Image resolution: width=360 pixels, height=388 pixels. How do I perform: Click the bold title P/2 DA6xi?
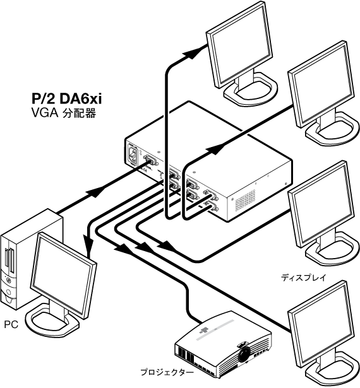(x=67, y=98)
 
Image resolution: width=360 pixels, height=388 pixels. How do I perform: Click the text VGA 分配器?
(x=64, y=114)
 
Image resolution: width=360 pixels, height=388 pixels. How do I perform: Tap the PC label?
(x=11, y=324)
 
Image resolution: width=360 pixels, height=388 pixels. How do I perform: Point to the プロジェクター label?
(x=167, y=372)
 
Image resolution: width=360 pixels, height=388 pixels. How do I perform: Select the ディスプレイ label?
(x=303, y=278)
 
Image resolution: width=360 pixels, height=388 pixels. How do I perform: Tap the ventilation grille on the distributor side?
(x=245, y=200)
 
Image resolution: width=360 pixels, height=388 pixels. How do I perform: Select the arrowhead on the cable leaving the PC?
(x=95, y=192)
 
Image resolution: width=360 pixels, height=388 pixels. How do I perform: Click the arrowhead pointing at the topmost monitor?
(x=193, y=53)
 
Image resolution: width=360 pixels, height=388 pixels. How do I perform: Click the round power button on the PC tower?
(x=8, y=281)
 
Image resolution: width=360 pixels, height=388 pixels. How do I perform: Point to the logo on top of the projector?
(x=204, y=330)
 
